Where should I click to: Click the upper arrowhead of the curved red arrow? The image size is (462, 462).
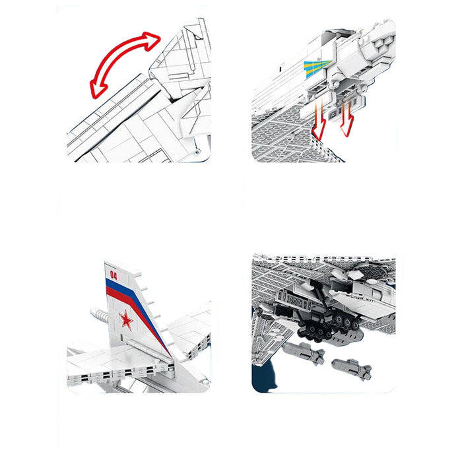pos(152,40)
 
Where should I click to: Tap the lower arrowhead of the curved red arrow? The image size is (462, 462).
pos(99,88)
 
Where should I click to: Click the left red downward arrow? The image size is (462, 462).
pos(319,120)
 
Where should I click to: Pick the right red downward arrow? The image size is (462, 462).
pos(348,118)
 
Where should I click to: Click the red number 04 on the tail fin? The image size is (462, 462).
pos(114,275)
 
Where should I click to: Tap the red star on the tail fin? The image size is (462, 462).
pos(126,319)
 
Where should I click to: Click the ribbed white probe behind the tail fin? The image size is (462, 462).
pos(99,315)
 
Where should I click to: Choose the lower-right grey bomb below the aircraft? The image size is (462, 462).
pos(352,368)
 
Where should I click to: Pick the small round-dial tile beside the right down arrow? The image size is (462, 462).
pos(333,115)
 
